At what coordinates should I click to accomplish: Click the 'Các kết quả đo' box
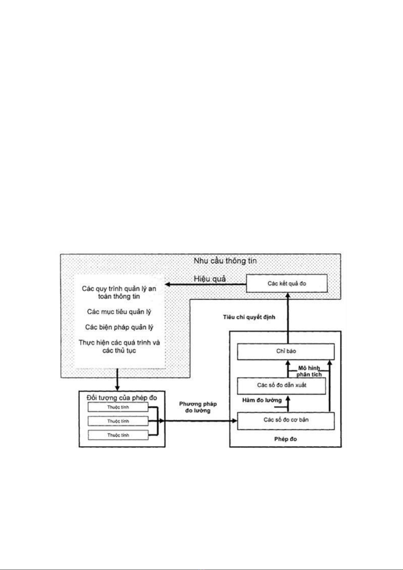[x=287, y=283]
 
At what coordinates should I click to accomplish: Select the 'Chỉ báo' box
[x=286, y=351]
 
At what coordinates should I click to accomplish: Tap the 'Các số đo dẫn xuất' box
[x=282, y=385]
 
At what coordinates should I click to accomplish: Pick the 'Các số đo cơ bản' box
[x=286, y=420]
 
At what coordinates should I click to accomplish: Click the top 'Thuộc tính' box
[x=118, y=407]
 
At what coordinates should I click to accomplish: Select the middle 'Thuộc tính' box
[x=118, y=421]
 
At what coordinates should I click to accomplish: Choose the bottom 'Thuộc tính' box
[x=118, y=435]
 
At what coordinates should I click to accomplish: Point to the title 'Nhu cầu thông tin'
[x=225, y=261]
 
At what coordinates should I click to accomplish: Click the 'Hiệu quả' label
[x=209, y=279]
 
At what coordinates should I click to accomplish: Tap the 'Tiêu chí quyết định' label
[x=249, y=317]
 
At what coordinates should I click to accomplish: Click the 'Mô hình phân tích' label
[x=309, y=371]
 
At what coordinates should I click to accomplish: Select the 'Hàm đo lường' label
[x=262, y=400]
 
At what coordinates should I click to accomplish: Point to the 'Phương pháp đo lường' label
[x=198, y=407]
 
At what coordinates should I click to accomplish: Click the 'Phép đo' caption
[x=285, y=439]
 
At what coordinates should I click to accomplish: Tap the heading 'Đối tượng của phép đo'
[x=122, y=398]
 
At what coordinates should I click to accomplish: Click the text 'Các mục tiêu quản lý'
[x=119, y=312]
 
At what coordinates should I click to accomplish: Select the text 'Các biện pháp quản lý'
[x=119, y=327]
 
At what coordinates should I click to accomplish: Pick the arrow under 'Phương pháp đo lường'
[x=200, y=421]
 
